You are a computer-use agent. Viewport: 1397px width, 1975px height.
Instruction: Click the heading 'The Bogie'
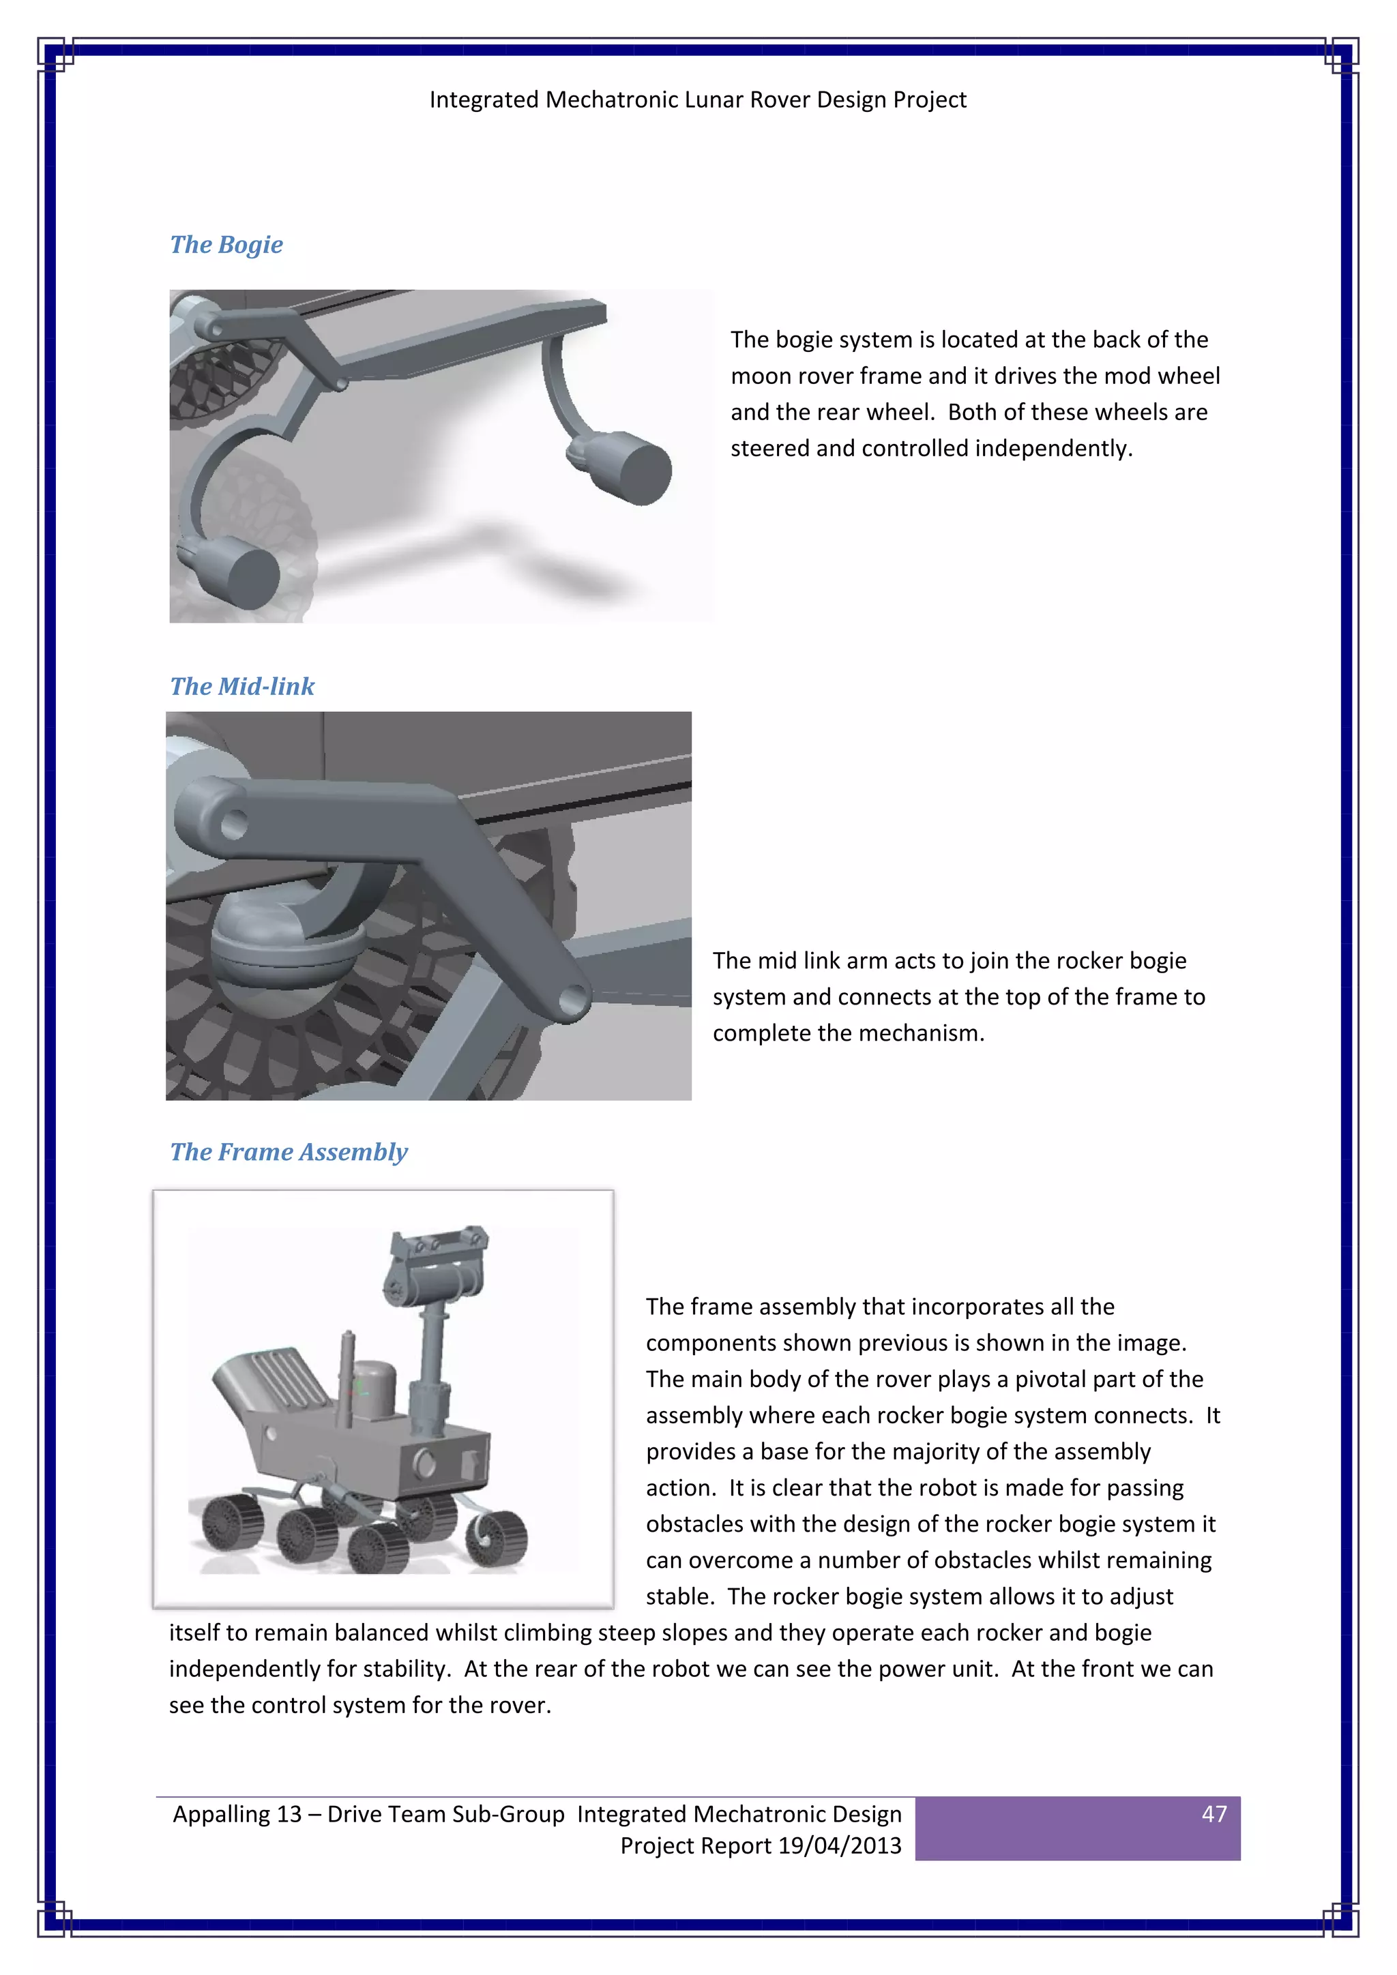226,244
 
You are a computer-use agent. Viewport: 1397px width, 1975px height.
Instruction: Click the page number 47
1214,1814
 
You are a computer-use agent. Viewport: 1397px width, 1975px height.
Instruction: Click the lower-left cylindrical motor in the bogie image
241,572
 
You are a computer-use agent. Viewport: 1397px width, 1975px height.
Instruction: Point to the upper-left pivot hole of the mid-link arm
233,825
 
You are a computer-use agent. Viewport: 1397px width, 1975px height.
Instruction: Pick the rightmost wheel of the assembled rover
497,1539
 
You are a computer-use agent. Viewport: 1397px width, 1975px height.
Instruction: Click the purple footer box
1076,1829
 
